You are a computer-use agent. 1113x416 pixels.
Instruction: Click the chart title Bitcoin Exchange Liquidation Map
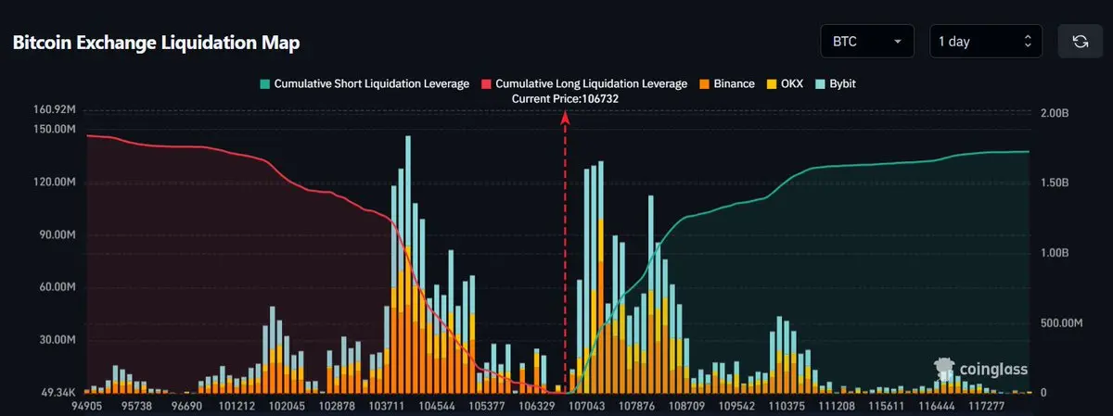coord(156,44)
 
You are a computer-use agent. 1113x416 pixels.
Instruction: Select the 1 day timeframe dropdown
coord(985,42)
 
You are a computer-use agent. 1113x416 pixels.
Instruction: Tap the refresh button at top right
coord(1080,42)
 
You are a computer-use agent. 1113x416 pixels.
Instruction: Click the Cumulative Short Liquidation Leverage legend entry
coord(364,83)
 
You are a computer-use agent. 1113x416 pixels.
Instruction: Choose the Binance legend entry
coord(726,83)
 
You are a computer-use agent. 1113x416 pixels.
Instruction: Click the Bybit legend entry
coord(836,83)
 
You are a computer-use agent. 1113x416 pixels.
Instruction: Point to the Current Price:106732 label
coord(565,97)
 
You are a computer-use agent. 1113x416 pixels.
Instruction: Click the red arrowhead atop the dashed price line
coord(565,116)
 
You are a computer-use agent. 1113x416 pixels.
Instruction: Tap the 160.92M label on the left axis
coord(53,110)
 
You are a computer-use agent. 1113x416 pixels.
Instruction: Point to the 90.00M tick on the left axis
coord(56,235)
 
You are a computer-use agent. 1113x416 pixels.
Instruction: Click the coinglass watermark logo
coord(980,370)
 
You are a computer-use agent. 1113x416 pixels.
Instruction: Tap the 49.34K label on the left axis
coord(57,393)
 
